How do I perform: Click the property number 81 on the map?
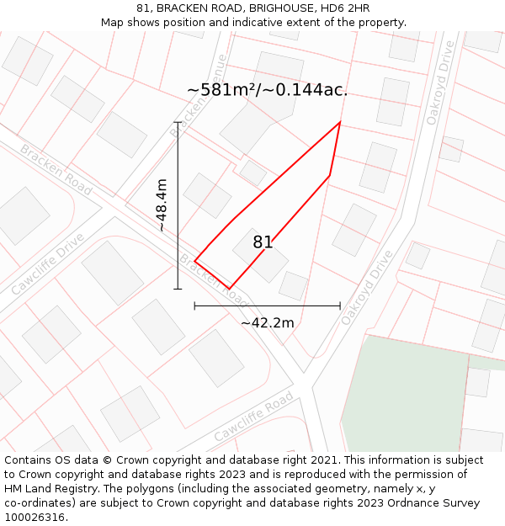pyautogui.click(x=263, y=242)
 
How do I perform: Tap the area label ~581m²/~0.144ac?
pyautogui.click(x=267, y=90)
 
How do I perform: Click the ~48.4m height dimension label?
pyautogui.click(x=162, y=205)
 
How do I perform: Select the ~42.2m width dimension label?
pyautogui.click(x=268, y=322)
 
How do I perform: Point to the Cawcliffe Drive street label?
pyautogui.click(x=48, y=263)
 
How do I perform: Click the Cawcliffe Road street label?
pyautogui.click(x=253, y=417)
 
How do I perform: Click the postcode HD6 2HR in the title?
pyautogui.click(x=345, y=8)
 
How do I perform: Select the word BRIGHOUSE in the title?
pyautogui.click(x=264, y=8)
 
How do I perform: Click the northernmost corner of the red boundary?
pyautogui.click(x=340, y=122)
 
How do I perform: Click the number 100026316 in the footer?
pyautogui.click(x=35, y=518)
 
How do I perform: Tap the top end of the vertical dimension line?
pyautogui.click(x=178, y=123)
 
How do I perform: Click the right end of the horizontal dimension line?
pyautogui.click(x=340, y=306)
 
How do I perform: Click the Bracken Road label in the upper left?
pyautogui.click(x=56, y=170)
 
